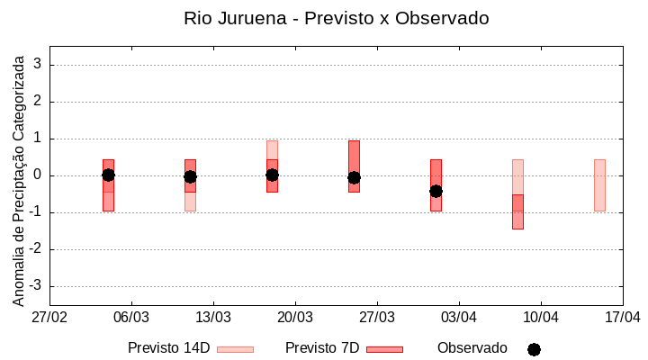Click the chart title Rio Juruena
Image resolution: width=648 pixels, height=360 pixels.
[x=336, y=18]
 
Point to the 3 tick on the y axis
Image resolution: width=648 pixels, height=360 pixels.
[x=38, y=65]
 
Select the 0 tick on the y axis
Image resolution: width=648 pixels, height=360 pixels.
[x=38, y=175]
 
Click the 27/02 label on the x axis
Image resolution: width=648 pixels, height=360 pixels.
[x=49, y=317]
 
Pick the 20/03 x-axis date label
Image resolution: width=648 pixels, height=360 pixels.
[x=295, y=317]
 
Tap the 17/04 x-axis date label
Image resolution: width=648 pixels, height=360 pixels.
[x=622, y=317]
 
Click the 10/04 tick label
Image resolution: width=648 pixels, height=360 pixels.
[x=541, y=317]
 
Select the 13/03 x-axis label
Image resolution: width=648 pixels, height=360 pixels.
[x=213, y=317]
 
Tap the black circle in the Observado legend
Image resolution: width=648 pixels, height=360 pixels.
[x=534, y=349]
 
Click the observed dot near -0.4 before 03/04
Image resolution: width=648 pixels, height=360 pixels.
[x=436, y=191]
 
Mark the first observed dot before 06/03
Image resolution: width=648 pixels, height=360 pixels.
[x=108, y=175]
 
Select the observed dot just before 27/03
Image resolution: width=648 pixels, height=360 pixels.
[x=354, y=178]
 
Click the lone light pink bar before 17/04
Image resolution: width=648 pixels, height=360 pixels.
[x=599, y=185]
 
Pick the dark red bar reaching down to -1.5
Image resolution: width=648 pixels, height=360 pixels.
[x=517, y=212]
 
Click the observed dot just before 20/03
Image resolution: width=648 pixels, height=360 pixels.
[x=272, y=175]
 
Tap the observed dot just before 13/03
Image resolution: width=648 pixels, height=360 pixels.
[x=190, y=176]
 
